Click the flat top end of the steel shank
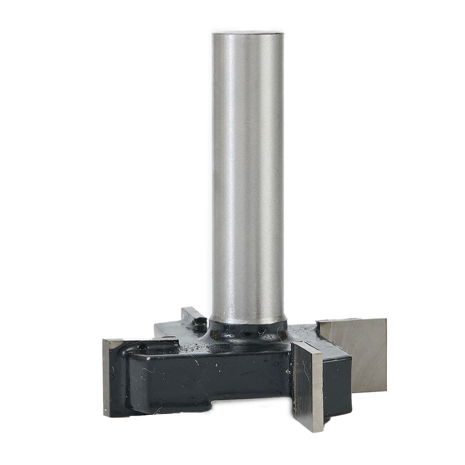pyautogui.click(x=248, y=33)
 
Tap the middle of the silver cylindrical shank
pyautogui.click(x=248, y=177)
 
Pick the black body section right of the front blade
pyautogui.click(x=337, y=386)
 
